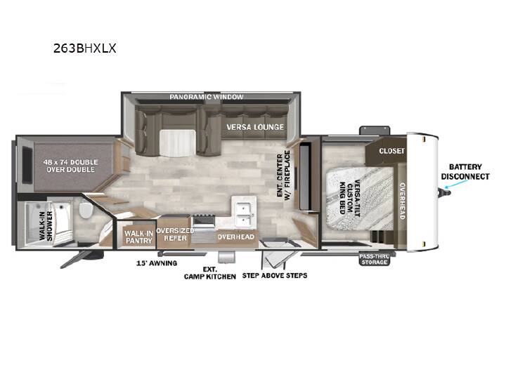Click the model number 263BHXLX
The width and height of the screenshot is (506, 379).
click(84, 48)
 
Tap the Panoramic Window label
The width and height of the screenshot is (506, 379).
click(207, 97)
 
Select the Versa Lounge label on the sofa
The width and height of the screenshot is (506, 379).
click(255, 127)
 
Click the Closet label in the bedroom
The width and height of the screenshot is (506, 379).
click(391, 151)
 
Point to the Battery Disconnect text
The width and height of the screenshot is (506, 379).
click(465, 172)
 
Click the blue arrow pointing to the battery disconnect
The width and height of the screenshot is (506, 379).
click(455, 184)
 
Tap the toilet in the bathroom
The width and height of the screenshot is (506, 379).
click(86, 210)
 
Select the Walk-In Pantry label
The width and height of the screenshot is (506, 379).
click(139, 237)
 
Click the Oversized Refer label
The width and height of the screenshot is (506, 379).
click(175, 234)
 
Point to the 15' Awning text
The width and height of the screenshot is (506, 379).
click(157, 263)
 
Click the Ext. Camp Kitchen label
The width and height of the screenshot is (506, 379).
click(210, 273)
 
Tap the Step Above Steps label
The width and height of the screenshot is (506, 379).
click(275, 276)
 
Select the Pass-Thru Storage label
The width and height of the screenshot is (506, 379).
click(375, 259)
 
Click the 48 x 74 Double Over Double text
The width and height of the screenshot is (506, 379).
click(71, 166)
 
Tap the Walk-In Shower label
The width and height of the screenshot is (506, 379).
click(46, 225)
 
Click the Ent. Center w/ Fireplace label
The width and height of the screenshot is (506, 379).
click(284, 175)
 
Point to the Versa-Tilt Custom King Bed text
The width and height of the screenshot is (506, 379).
click(350, 197)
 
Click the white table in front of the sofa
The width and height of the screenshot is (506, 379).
click(178, 143)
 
